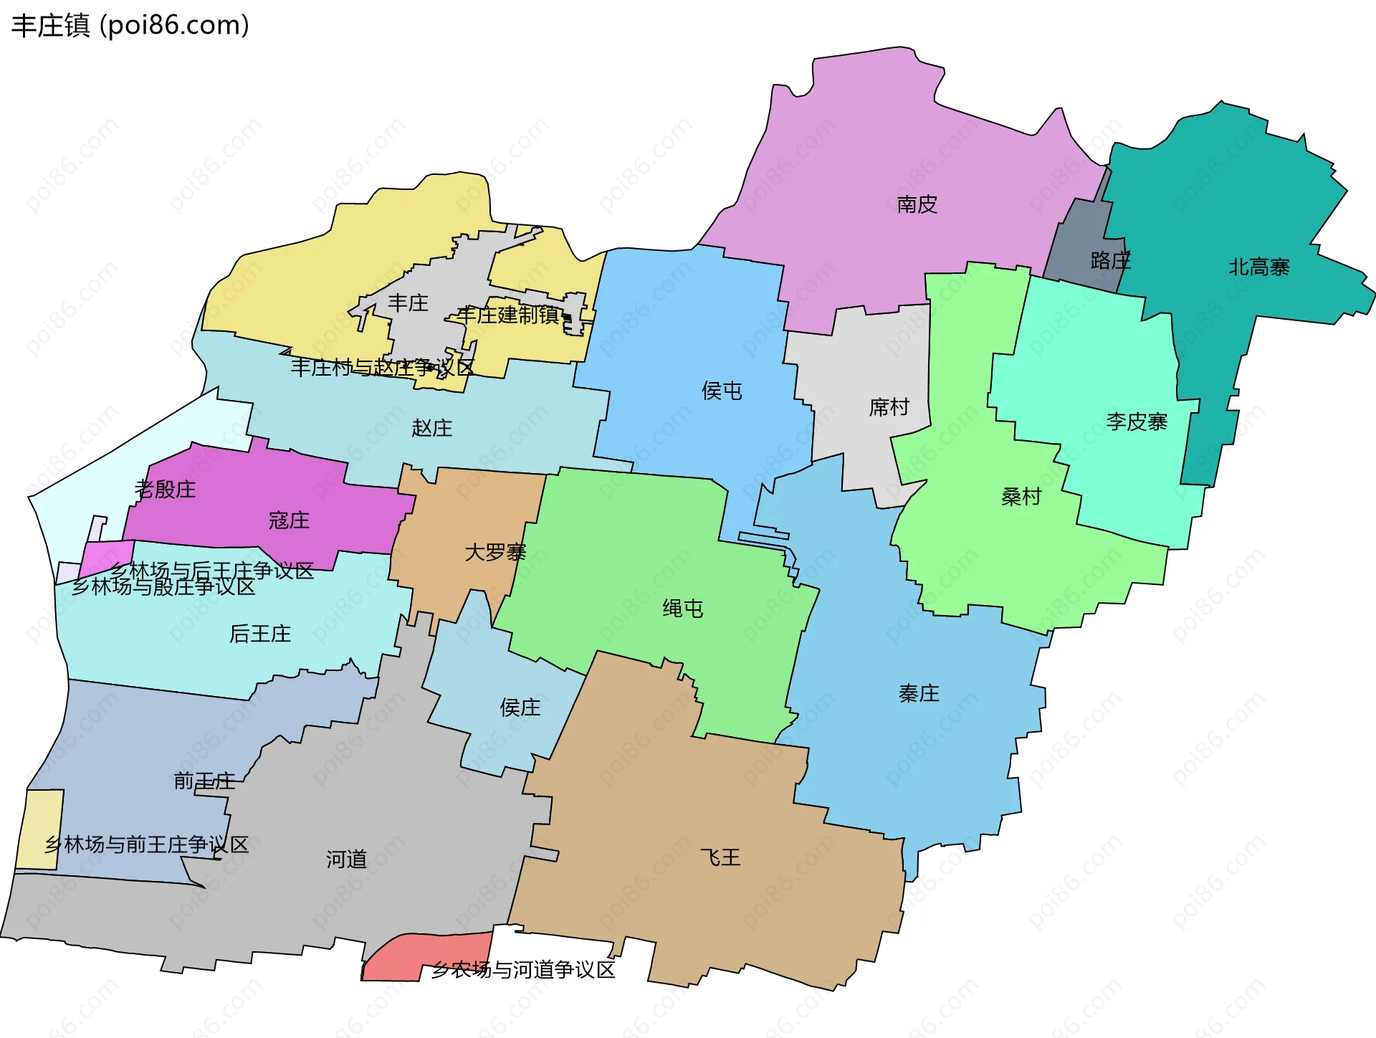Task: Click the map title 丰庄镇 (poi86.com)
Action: click(130, 26)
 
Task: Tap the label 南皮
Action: click(917, 205)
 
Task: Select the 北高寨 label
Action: click(1258, 267)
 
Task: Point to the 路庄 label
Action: click(1110, 261)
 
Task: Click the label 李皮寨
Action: click(1137, 422)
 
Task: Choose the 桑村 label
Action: click(1021, 497)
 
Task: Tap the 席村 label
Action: click(889, 408)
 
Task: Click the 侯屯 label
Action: click(722, 391)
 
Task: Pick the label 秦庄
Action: click(919, 694)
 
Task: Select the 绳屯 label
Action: click(682, 609)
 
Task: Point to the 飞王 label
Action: click(720, 857)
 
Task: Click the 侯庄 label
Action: click(520, 708)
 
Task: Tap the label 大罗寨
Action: click(495, 553)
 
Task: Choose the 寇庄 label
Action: click(289, 520)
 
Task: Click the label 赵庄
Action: click(432, 429)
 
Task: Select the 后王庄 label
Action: click(260, 634)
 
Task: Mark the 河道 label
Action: click(347, 860)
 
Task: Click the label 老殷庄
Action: click(166, 490)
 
